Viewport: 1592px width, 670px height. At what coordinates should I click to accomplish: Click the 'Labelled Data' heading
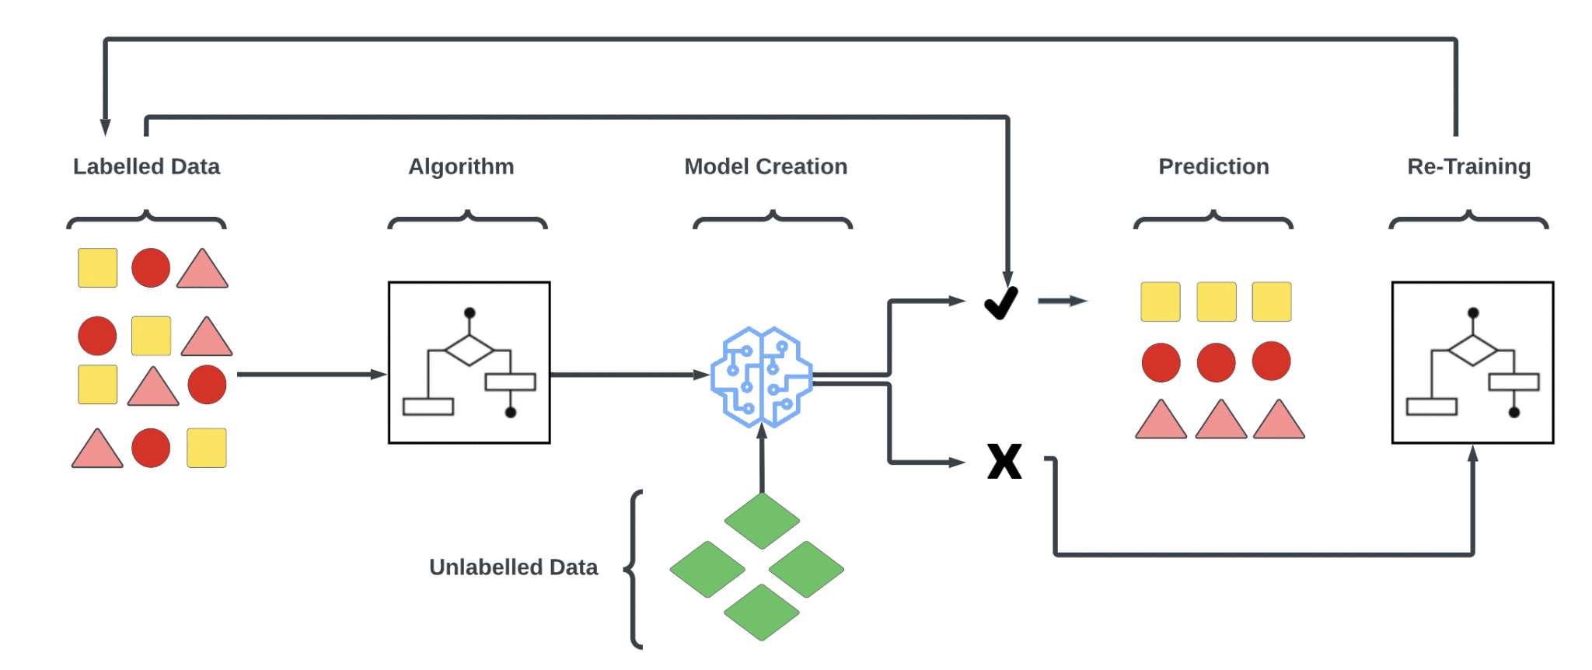click(x=146, y=166)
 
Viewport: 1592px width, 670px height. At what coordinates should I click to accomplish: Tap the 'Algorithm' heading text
click(x=461, y=167)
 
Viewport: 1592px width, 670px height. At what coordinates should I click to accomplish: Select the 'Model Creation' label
click(x=766, y=166)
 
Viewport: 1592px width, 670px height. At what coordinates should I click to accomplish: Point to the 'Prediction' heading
click(x=1213, y=166)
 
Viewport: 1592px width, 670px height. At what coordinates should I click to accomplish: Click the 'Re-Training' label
click(x=1468, y=167)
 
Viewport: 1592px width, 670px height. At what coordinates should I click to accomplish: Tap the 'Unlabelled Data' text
click(x=513, y=567)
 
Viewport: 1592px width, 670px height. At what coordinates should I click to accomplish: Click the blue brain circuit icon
click(x=762, y=377)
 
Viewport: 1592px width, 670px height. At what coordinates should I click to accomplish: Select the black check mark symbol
click(x=1001, y=302)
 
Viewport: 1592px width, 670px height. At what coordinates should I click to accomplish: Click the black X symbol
click(x=1004, y=461)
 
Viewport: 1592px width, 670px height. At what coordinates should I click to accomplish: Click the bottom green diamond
click(x=762, y=612)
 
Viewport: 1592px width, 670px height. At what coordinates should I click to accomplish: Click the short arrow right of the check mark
click(x=1063, y=301)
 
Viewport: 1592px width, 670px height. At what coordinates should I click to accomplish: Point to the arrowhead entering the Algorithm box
click(x=379, y=375)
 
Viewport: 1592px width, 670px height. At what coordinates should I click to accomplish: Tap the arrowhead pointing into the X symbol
click(x=958, y=462)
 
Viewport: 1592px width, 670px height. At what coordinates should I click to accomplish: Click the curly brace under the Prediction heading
click(x=1213, y=220)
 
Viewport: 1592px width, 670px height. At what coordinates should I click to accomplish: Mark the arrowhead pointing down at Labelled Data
click(x=106, y=127)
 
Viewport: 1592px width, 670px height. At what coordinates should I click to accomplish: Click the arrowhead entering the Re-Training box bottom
click(x=1472, y=454)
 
